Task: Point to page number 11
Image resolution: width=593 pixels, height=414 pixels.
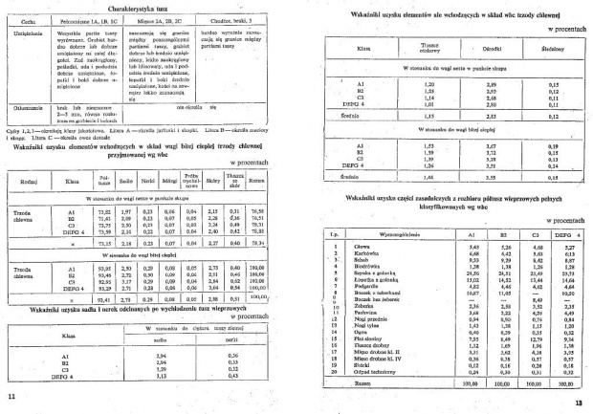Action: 11,395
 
